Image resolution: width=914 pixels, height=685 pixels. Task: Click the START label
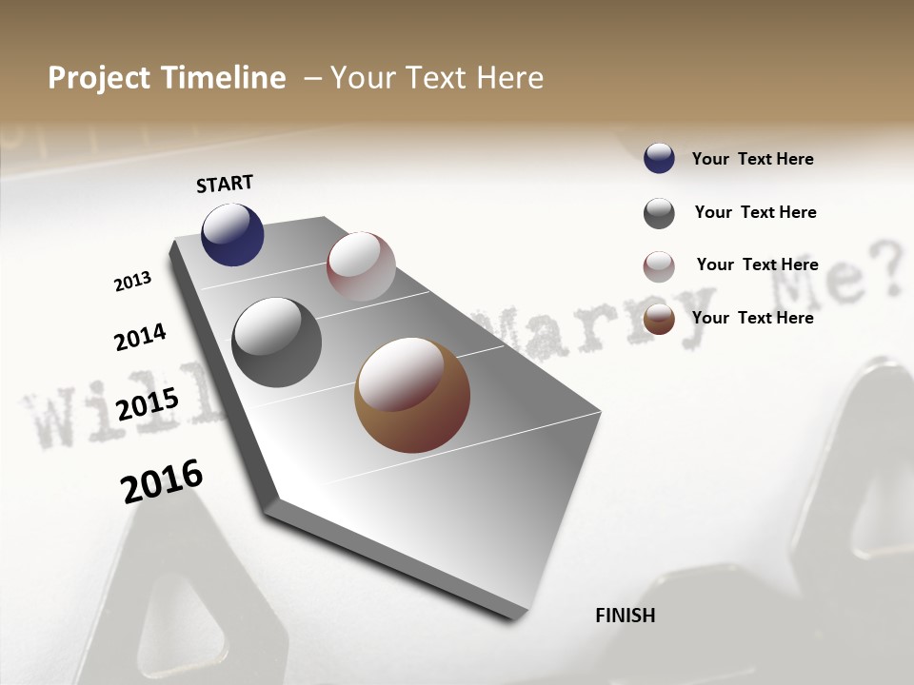pos(225,184)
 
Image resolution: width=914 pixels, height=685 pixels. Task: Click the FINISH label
pos(625,616)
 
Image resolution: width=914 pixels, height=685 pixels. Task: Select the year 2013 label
pos(132,282)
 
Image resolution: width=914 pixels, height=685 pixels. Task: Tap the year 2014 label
pos(140,338)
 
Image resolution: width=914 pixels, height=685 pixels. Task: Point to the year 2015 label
pos(148,404)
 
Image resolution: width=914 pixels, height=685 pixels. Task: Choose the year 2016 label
pos(162,480)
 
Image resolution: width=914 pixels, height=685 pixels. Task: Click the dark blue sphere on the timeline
pos(232,234)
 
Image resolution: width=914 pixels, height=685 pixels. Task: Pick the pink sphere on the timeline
pos(361,266)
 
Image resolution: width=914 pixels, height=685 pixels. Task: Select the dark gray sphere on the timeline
pos(276,342)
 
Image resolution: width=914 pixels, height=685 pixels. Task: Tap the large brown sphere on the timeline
pos(412,395)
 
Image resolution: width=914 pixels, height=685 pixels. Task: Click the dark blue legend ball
pos(659,159)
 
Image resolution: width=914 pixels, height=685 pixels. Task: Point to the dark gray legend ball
pos(659,213)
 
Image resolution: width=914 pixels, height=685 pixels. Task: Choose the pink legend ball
pos(659,266)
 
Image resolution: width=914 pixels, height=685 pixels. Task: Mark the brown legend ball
pos(659,319)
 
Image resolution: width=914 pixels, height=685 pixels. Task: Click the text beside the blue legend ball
pos(752,159)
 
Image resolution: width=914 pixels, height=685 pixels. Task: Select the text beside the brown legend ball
pos(752,318)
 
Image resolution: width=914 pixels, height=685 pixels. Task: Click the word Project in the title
pos(100,78)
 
